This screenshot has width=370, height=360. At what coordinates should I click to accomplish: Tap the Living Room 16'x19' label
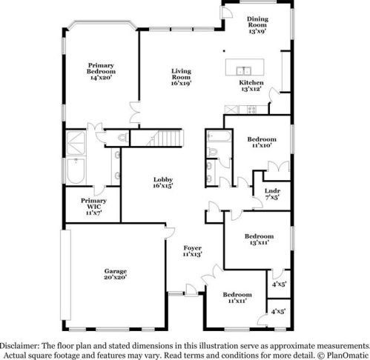click(x=182, y=77)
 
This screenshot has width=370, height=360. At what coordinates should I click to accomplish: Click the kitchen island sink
click(x=243, y=70)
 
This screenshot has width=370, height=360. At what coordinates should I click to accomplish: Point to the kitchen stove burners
click(x=252, y=110)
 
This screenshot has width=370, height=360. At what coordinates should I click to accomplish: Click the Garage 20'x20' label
click(x=116, y=274)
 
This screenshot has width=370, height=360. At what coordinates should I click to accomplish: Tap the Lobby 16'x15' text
click(x=163, y=183)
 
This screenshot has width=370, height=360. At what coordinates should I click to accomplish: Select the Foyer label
click(x=193, y=248)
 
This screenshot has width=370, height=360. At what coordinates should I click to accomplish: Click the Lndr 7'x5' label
click(x=272, y=194)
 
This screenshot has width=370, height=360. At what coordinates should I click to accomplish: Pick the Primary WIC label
click(x=93, y=204)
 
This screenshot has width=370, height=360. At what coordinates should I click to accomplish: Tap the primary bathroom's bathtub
click(x=76, y=171)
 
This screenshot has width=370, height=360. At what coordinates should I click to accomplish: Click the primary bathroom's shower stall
click(x=76, y=143)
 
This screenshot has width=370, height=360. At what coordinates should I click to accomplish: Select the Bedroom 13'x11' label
click(x=260, y=239)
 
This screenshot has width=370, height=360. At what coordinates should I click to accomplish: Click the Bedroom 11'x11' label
click(x=237, y=298)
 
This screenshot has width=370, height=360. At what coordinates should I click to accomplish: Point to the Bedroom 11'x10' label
click(x=262, y=142)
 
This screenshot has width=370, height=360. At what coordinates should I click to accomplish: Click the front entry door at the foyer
click(x=191, y=290)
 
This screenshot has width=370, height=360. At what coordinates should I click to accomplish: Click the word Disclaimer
click(x=19, y=346)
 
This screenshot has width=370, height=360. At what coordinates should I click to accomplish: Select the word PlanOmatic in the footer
click(x=348, y=356)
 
